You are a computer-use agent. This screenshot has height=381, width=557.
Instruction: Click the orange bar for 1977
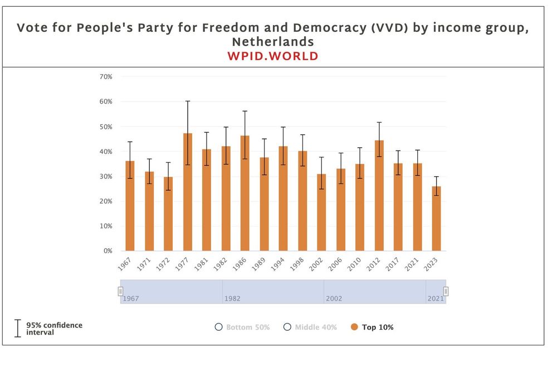[187, 192]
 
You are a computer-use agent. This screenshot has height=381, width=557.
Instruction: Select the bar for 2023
[436, 219]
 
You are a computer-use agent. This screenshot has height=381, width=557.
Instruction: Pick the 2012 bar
[379, 196]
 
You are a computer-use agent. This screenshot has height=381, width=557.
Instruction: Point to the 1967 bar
[130, 206]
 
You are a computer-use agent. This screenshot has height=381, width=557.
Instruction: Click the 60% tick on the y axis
[105, 102]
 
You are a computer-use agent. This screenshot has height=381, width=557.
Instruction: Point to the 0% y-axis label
[107, 251]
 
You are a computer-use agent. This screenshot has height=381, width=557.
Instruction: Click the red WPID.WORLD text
[273, 56]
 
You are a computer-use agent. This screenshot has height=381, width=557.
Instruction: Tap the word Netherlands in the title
[273, 42]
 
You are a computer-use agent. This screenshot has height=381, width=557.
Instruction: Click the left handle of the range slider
[120, 291]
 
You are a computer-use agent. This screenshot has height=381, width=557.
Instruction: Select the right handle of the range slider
[446, 291]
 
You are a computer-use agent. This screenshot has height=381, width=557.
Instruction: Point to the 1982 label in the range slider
[232, 298]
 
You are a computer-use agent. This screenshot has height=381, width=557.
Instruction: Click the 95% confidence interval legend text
[53, 329]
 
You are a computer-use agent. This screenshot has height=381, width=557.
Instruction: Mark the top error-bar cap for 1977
[188, 101]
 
